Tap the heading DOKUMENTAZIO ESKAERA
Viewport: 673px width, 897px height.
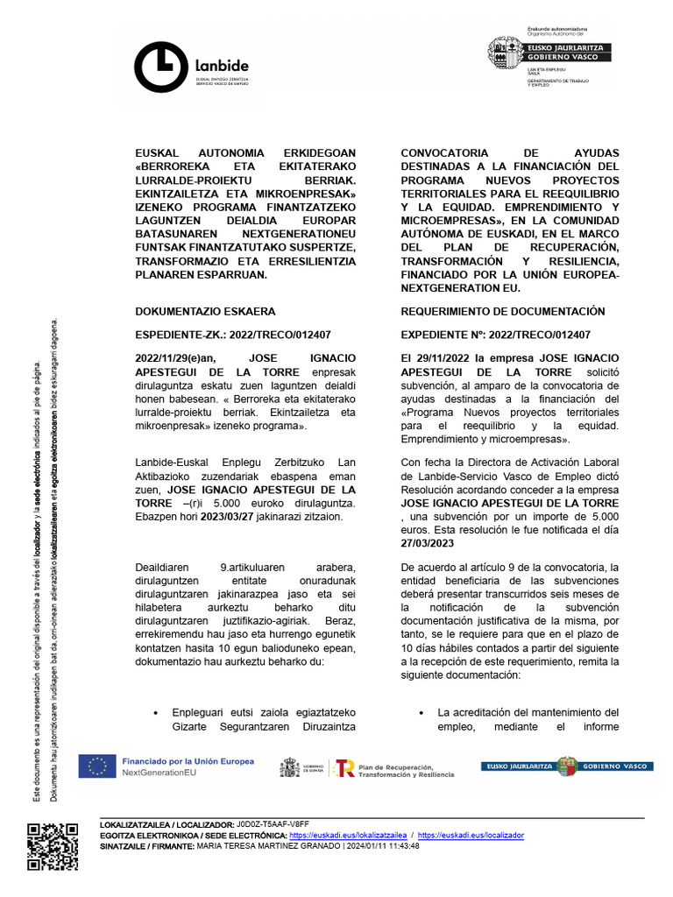pyautogui.click(x=205, y=311)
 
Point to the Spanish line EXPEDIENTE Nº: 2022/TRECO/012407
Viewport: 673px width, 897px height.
pyautogui.click(x=495, y=335)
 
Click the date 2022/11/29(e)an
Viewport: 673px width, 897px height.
pyautogui.click(x=181, y=358)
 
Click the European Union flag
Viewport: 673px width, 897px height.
pyautogui.click(x=96, y=766)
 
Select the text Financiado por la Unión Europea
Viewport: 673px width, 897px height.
pyautogui.click(x=188, y=761)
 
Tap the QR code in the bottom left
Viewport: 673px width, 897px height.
pyautogui.click(x=53, y=847)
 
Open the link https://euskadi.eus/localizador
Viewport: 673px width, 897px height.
pyautogui.click(x=471, y=836)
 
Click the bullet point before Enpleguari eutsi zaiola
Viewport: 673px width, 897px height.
pyautogui.click(x=155, y=712)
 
